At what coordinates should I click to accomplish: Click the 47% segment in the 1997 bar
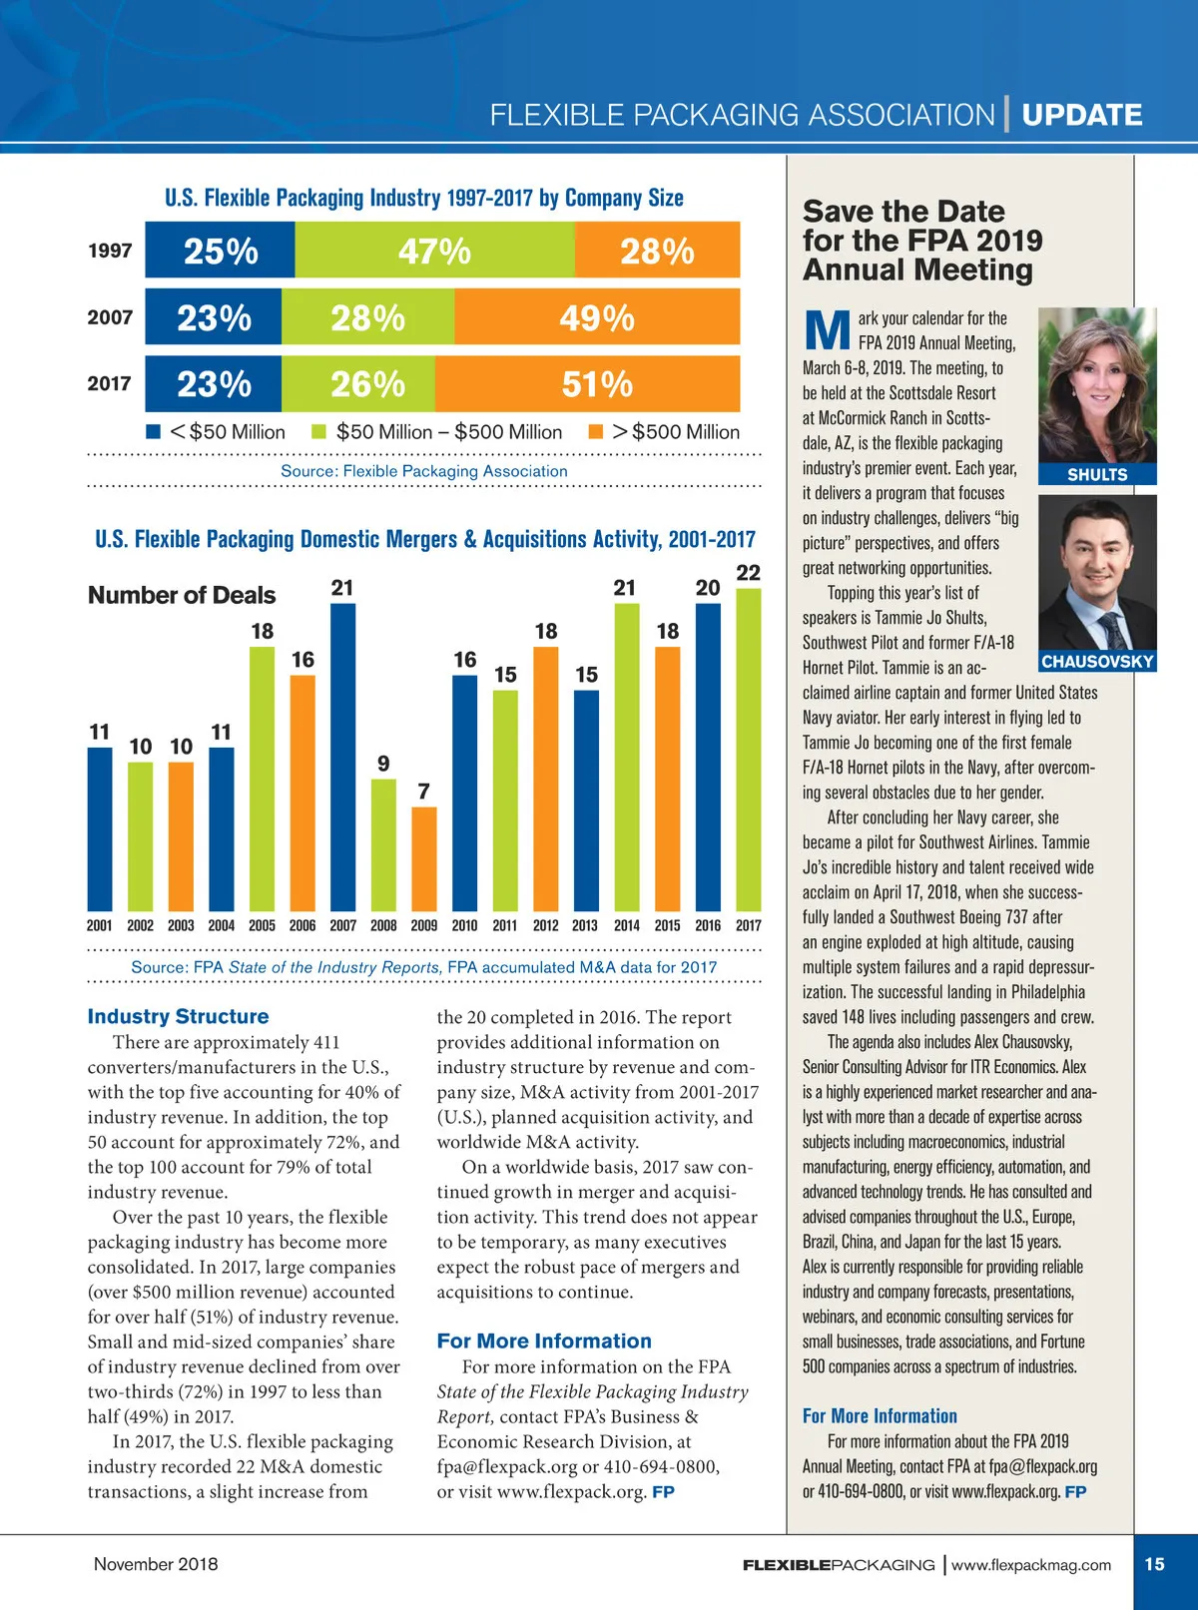pyautogui.click(x=434, y=251)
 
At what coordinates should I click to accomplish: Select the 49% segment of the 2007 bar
pyautogui.click(x=597, y=317)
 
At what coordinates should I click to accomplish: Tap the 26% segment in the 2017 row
pyautogui.click(x=367, y=384)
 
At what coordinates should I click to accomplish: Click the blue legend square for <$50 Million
pyautogui.click(x=153, y=432)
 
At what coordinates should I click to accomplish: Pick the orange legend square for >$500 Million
pyautogui.click(x=596, y=432)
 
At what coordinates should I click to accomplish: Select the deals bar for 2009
pyautogui.click(x=424, y=858)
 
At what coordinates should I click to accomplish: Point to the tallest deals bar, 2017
pyautogui.click(x=749, y=749)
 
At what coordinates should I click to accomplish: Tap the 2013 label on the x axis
pyautogui.click(x=586, y=925)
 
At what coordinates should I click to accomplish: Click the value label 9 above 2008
pyautogui.click(x=383, y=764)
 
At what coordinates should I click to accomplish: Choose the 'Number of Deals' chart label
pyautogui.click(x=182, y=595)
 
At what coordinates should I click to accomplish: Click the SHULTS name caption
pyautogui.click(x=1097, y=475)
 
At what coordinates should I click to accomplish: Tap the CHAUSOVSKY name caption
pyautogui.click(x=1097, y=661)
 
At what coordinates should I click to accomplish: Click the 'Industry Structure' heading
pyautogui.click(x=178, y=1016)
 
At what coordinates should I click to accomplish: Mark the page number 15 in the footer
pyautogui.click(x=1155, y=1564)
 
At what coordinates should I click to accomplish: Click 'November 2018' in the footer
pyautogui.click(x=156, y=1564)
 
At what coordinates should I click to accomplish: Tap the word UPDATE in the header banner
pyautogui.click(x=1082, y=115)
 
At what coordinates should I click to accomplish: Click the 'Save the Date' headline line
pyautogui.click(x=903, y=212)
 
